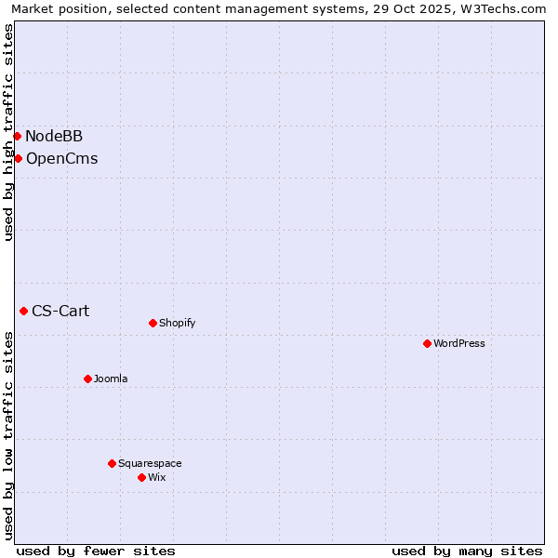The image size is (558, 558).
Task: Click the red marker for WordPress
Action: (427, 343)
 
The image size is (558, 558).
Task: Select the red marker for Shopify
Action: (153, 323)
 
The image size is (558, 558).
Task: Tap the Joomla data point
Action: (87, 379)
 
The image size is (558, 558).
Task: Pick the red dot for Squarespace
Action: (112, 463)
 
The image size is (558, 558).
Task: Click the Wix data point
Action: (141, 477)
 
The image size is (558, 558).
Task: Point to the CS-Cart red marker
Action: (23, 311)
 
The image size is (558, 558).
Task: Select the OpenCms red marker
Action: (18, 158)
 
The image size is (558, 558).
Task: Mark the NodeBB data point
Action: (17, 136)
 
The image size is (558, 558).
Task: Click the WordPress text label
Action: (459, 343)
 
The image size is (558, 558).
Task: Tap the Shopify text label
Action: (178, 323)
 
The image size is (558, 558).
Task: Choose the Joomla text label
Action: (111, 379)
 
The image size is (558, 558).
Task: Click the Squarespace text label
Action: (150, 463)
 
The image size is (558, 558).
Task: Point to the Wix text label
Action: (157, 477)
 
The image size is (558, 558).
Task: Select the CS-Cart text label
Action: (60, 311)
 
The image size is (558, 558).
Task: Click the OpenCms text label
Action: (61, 158)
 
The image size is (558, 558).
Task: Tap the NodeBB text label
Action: (54, 136)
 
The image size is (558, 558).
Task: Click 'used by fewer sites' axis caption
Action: (96, 551)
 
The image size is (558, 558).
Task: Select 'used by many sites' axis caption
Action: (467, 551)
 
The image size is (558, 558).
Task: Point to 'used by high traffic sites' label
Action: (9, 132)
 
